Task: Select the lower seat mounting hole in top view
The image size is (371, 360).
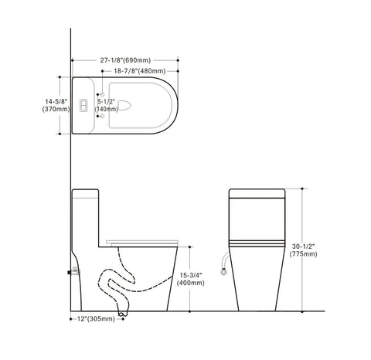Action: (x=104, y=115)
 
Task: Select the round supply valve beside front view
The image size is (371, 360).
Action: (x=223, y=270)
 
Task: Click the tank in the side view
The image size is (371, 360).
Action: (x=87, y=212)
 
